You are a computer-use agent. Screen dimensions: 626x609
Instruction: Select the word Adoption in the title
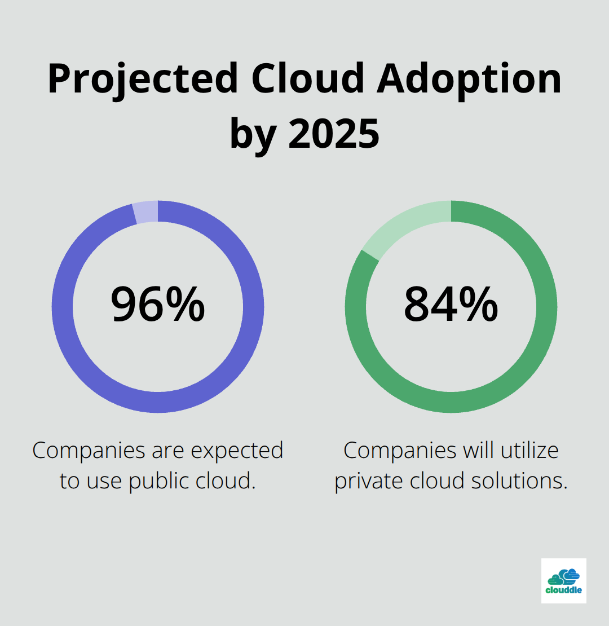470,80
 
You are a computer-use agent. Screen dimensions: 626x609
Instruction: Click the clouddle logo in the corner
563,581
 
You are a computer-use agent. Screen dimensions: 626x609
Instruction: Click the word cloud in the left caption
225,481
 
